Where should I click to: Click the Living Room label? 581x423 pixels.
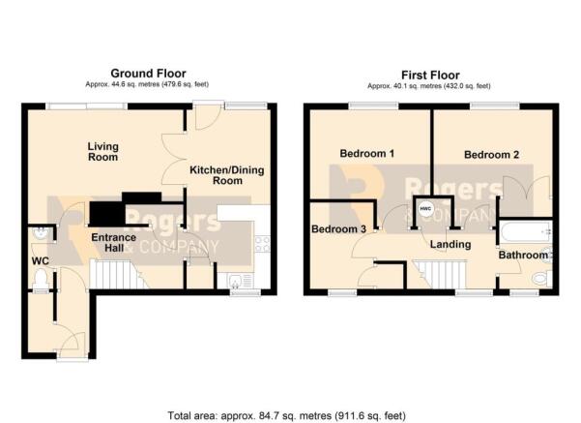point(102,152)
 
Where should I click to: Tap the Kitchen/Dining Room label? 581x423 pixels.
point(227,174)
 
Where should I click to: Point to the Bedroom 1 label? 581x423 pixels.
point(366,154)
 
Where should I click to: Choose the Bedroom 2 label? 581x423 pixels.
point(491,154)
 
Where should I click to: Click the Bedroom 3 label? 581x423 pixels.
point(338,229)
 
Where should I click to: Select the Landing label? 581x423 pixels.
point(450,245)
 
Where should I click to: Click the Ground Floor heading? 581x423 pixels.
point(148,73)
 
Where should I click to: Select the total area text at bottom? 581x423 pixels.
point(290,412)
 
